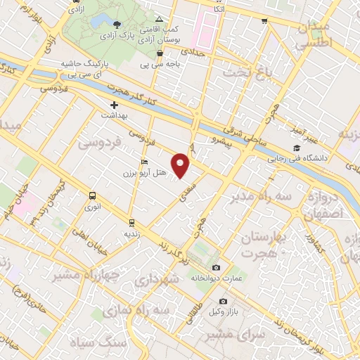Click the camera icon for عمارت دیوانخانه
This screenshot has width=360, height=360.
point(216,268)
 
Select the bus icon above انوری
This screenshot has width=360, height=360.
point(92,196)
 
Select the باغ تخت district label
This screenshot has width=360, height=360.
point(247,72)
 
